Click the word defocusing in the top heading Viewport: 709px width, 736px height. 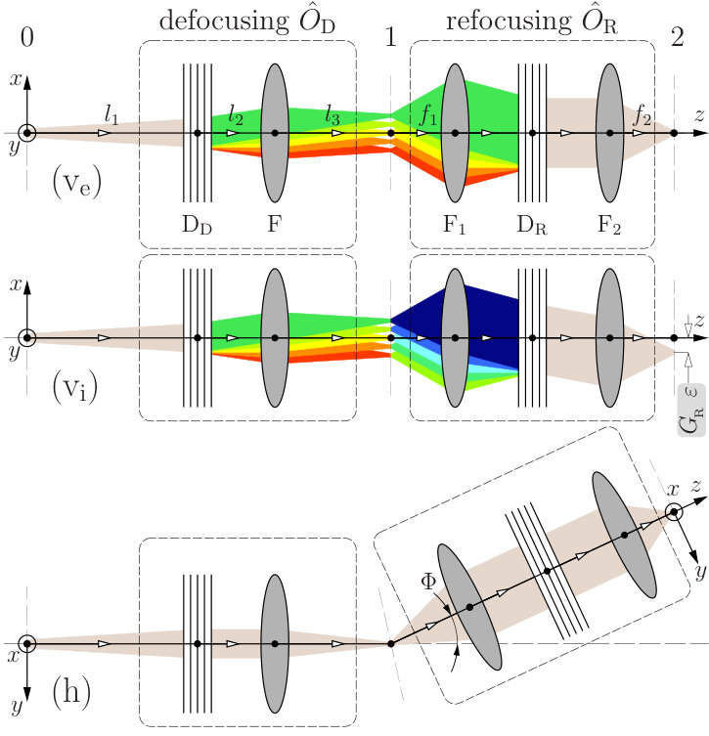click(x=224, y=22)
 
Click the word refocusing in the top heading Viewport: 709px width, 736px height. click(x=509, y=22)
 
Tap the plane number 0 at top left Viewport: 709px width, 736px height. click(x=27, y=36)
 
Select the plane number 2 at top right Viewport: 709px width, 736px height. click(x=677, y=36)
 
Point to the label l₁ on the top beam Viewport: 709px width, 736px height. click(x=111, y=114)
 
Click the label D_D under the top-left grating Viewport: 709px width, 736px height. click(x=198, y=226)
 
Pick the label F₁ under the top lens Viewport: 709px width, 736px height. click(x=454, y=226)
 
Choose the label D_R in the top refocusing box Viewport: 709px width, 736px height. click(x=532, y=226)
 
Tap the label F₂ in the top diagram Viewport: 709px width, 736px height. click(x=609, y=226)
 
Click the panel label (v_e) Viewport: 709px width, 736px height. click(x=76, y=184)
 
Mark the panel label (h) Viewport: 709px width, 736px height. click(x=71, y=691)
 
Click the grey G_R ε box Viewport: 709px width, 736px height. click(x=691, y=410)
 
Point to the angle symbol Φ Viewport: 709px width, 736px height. click(x=428, y=582)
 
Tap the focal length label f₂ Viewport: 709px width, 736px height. click(x=643, y=115)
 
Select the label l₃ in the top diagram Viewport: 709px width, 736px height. click(x=332, y=115)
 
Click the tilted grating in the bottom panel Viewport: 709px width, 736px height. click(x=547, y=571)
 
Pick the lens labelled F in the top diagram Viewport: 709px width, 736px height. click(x=275, y=133)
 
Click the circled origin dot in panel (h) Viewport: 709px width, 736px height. click(x=27, y=643)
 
